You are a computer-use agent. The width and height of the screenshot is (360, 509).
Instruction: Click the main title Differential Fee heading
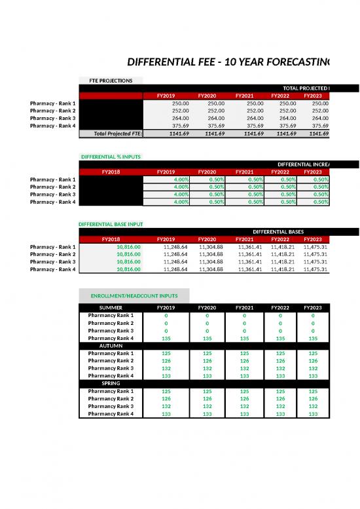click(230, 62)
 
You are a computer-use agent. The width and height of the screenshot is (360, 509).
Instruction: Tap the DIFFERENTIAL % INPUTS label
click(110, 157)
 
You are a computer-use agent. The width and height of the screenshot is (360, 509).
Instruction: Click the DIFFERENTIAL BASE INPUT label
click(110, 224)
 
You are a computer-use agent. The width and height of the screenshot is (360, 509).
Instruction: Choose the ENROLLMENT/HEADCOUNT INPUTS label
click(134, 295)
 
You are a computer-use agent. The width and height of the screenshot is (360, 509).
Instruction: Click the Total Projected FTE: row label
click(118, 134)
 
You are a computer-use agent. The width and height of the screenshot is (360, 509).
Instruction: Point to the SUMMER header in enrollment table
click(111, 307)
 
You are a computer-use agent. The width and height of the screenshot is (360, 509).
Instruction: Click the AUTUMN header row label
click(111, 345)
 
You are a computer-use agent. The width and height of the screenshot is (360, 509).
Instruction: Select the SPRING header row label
click(111, 383)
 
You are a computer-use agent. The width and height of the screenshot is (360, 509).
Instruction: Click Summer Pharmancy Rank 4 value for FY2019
click(166, 338)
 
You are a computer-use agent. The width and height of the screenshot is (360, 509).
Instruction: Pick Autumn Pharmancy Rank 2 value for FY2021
click(243, 360)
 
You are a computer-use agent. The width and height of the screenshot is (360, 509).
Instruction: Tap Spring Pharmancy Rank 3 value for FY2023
click(313, 406)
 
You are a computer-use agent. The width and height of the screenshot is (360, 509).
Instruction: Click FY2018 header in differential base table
click(111, 239)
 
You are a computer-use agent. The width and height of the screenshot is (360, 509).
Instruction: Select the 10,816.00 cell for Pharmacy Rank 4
click(128, 269)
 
